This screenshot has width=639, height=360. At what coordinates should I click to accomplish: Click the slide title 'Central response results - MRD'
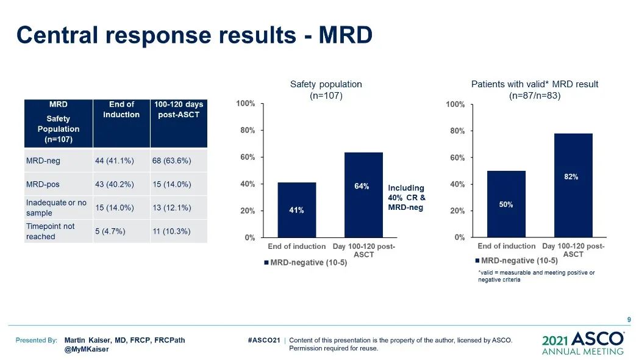coord(194,35)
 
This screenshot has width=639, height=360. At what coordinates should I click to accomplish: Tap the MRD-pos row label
coord(43,184)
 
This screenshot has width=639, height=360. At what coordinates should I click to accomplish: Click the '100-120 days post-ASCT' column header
coord(178,110)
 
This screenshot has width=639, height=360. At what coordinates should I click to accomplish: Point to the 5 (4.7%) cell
coord(110,231)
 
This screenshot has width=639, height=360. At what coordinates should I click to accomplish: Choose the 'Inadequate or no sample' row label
coord(56,207)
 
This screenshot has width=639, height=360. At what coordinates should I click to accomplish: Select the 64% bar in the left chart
coord(363,195)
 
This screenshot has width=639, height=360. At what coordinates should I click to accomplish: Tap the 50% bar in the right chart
coord(506,204)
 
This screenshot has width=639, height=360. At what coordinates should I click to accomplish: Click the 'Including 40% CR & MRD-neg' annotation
coord(407,198)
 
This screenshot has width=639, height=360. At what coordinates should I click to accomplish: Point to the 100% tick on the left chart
coord(246,104)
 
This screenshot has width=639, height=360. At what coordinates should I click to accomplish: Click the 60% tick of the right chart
coord(455,157)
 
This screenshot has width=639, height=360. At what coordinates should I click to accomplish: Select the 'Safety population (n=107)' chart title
coord(326,90)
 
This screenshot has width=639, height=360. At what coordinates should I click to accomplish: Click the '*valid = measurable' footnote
coord(536,276)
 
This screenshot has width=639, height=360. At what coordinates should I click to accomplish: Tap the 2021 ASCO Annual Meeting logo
coord(583,343)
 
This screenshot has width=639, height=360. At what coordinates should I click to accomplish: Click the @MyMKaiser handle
coord(87,350)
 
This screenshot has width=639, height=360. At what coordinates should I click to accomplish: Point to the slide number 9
coord(629,319)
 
